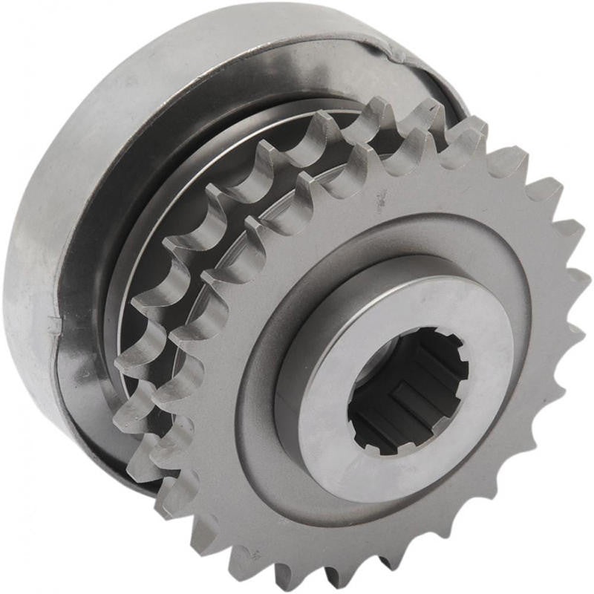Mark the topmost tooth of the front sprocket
click(x=475, y=134)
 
